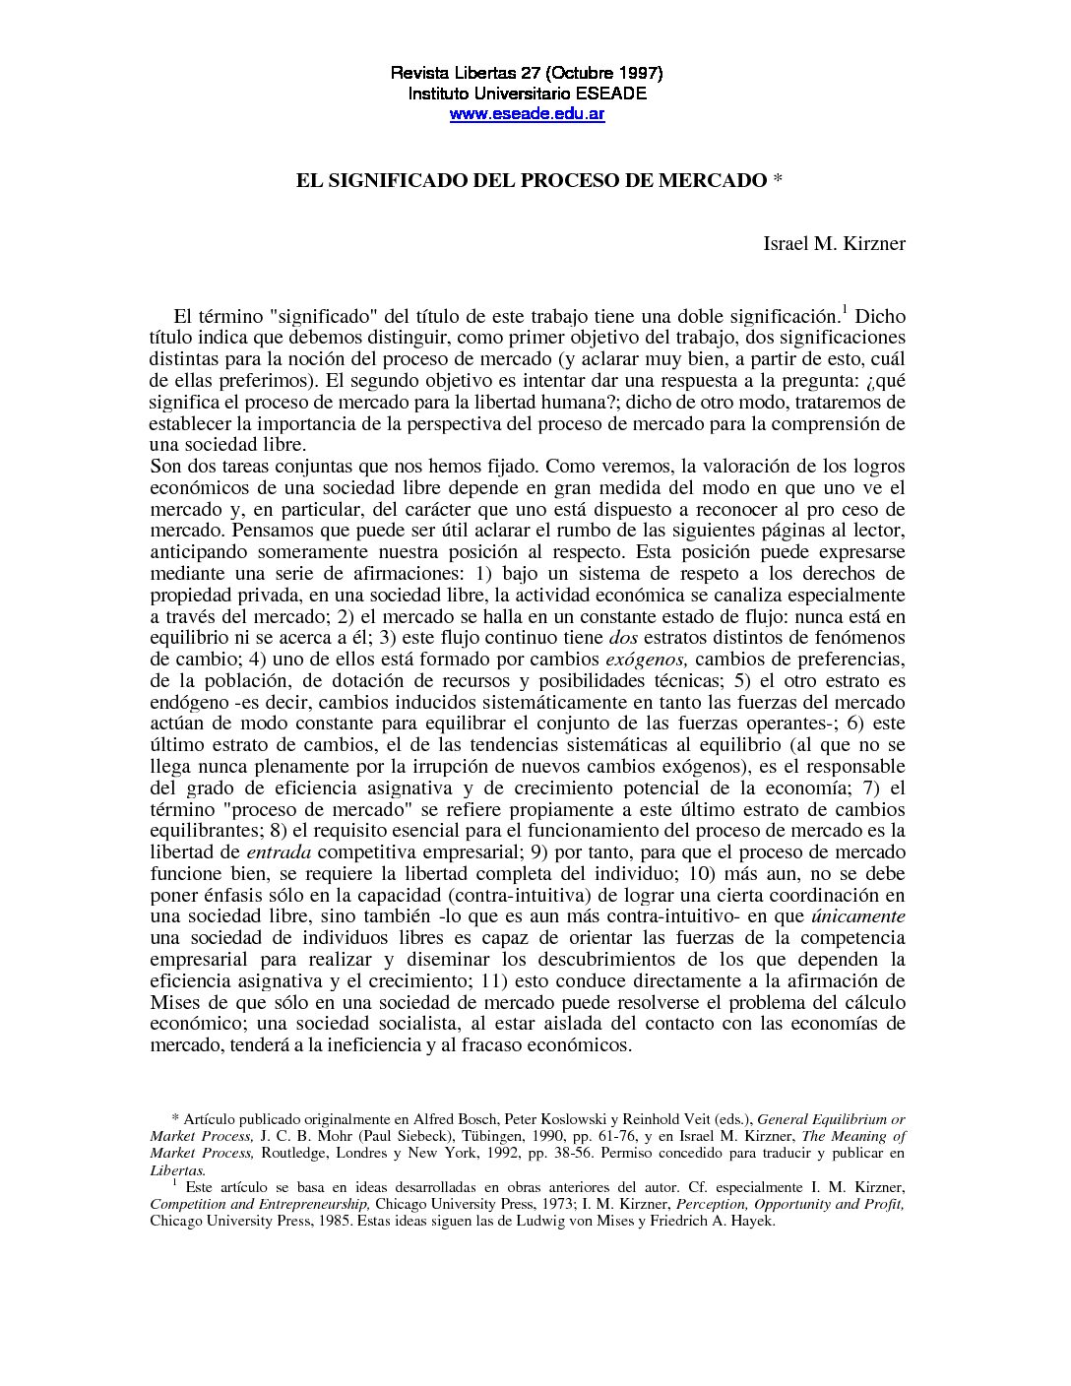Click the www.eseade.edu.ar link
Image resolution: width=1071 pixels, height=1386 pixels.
point(527,114)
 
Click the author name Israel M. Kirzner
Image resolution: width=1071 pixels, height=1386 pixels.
point(834,243)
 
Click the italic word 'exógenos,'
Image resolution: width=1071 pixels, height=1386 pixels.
point(646,660)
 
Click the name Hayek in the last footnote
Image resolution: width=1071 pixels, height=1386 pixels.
point(751,1222)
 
